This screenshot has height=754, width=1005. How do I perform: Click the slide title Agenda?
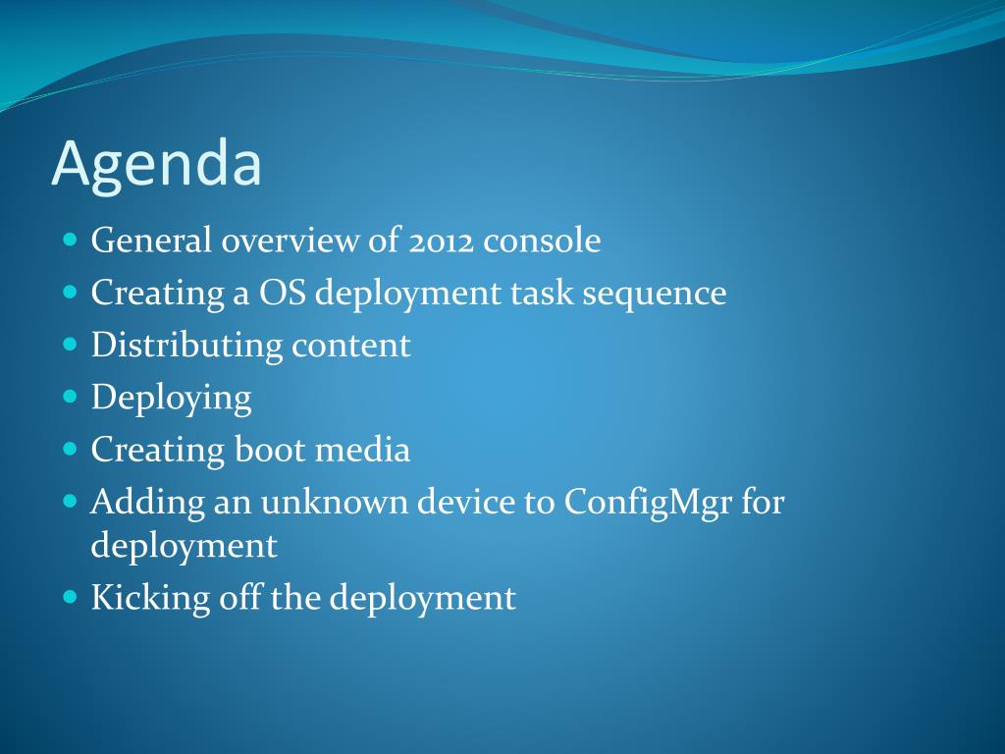[x=156, y=165]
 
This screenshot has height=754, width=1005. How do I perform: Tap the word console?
[x=542, y=242]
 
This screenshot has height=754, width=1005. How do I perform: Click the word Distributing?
[x=186, y=347]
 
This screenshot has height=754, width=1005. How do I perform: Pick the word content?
[x=350, y=347]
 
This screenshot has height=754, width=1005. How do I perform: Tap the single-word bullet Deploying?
[x=171, y=399]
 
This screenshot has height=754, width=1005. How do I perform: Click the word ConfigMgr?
[x=648, y=504]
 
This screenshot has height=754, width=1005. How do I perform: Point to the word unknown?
[x=334, y=502]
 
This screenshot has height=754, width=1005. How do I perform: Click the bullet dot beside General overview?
[x=71, y=241]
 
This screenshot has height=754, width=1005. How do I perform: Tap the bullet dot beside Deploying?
[x=71, y=397]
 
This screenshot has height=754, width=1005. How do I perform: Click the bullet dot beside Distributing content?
[x=71, y=345]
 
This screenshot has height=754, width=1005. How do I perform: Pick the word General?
[x=151, y=241]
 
